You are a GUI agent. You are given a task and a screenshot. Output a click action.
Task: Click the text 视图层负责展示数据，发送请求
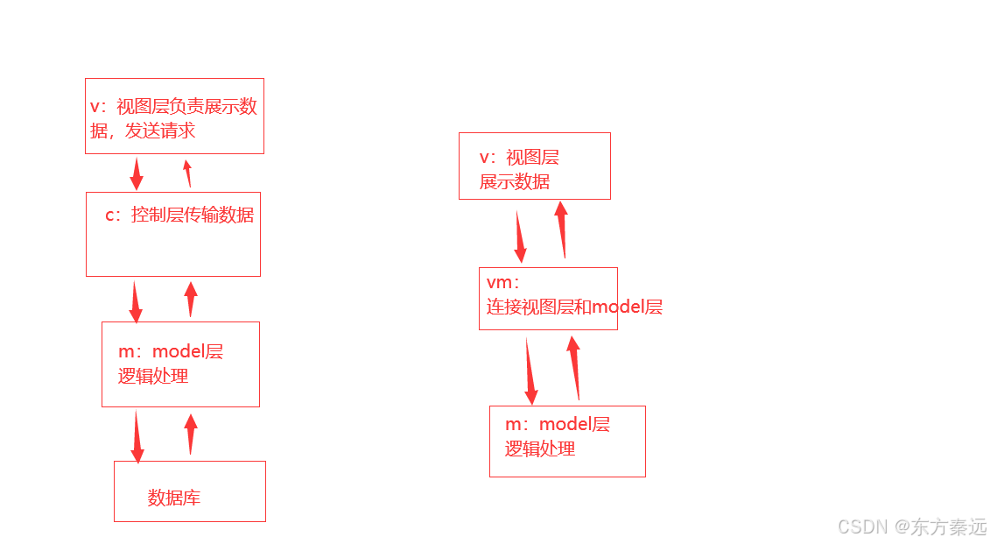pos(173,118)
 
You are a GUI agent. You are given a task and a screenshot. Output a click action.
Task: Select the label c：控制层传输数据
pos(179,215)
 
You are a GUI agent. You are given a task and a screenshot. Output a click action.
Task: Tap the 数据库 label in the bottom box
pos(173,498)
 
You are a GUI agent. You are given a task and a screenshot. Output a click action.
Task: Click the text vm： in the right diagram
pos(503,283)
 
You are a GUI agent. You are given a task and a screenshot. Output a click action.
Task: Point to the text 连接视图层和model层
pos(574,307)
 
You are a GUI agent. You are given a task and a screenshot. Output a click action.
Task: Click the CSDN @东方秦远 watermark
pos(912,526)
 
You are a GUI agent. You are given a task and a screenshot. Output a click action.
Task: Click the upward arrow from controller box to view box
pos(187,173)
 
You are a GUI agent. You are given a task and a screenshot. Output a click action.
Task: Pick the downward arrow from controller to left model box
pos(135,301)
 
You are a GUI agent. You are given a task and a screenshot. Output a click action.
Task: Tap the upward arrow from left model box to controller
pos(191,300)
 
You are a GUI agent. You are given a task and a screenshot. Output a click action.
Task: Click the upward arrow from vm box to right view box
pos(562,230)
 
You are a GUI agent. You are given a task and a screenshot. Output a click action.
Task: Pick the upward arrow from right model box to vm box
pos(575,368)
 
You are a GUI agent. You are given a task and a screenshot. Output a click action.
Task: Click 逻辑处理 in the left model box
pos(153,376)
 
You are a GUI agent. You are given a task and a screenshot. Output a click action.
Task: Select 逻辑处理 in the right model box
pos(540,449)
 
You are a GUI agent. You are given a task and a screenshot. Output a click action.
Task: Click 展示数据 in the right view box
pos(515,181)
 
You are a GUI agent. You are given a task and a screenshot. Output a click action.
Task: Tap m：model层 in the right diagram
pos(558,424)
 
